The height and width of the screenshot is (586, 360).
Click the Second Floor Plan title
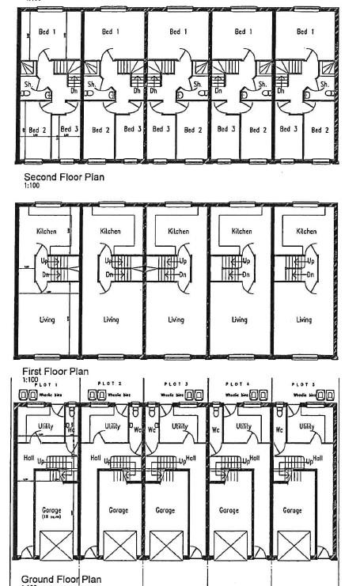pos(63,177)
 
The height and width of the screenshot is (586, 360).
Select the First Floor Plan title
pos(56,371)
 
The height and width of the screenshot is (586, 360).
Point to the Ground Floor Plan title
pos(61,579)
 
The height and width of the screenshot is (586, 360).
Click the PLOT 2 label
pos(108,384)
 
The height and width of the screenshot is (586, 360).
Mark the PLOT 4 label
pos(237,384)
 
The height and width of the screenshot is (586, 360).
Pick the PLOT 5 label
pos(301,384)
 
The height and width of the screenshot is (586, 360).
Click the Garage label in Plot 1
pos(51,510)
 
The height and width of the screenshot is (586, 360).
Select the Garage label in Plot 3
pos(165,510)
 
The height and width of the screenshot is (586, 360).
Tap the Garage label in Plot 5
pos(292,510)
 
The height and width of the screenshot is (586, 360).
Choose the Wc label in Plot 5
pos(279,431)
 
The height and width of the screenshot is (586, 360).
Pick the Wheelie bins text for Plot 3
pos(171,392)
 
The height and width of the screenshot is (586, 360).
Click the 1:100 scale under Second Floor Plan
pos(30,186)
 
